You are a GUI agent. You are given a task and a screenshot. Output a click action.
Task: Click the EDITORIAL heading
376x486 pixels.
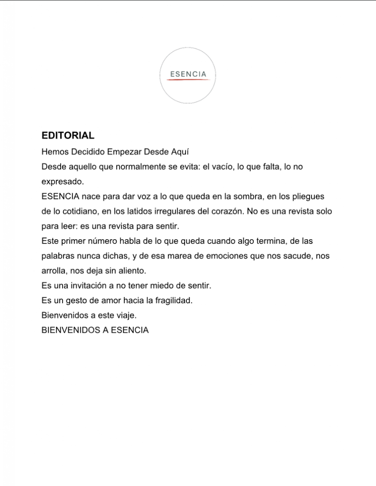(x=68, y=136)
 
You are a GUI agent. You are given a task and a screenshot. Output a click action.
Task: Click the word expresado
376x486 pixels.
(x=63, y=182)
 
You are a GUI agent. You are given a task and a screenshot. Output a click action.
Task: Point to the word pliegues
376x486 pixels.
(x=309, y=196)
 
